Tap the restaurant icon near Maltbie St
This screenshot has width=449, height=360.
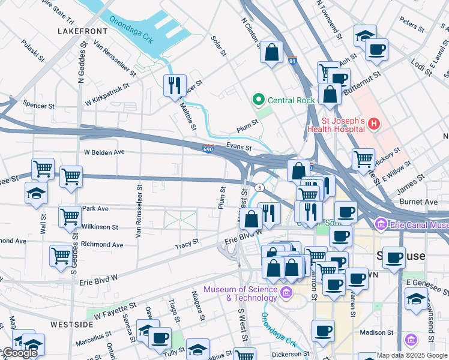pyautogui.click(x=175, y=85)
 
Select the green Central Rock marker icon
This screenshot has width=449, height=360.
pyautogui.click(x=259, y=100)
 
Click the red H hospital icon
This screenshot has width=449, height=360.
pyautogui.click(x=374, y=124)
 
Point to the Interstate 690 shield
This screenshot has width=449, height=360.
pyautogui.click(x=208, y=149)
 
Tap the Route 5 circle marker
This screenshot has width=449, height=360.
pyautogui.click(x=259, y=188)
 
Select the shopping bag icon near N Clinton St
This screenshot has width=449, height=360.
pyautogui.click(x=272, y=52)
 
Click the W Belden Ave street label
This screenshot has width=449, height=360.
pyautogui.click(x=104, y=152)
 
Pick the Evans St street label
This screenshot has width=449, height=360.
pyautogui.click(x=238, y=146)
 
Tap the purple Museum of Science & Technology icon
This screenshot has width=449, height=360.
pyautogui.click(x=286, y=293)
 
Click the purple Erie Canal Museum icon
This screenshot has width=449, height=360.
pyautogui.click(x=380, y=224)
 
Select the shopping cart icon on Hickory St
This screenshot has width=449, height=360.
pyautogui.click(x=363, y=159)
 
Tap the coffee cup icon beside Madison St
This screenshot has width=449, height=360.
pyautogui.click(x=323, y=329)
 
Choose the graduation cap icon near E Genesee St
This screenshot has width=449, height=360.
pyautogui.click(x=416, y=298)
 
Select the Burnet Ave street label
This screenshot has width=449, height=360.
pyautogui.click(x=422, y=202)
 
